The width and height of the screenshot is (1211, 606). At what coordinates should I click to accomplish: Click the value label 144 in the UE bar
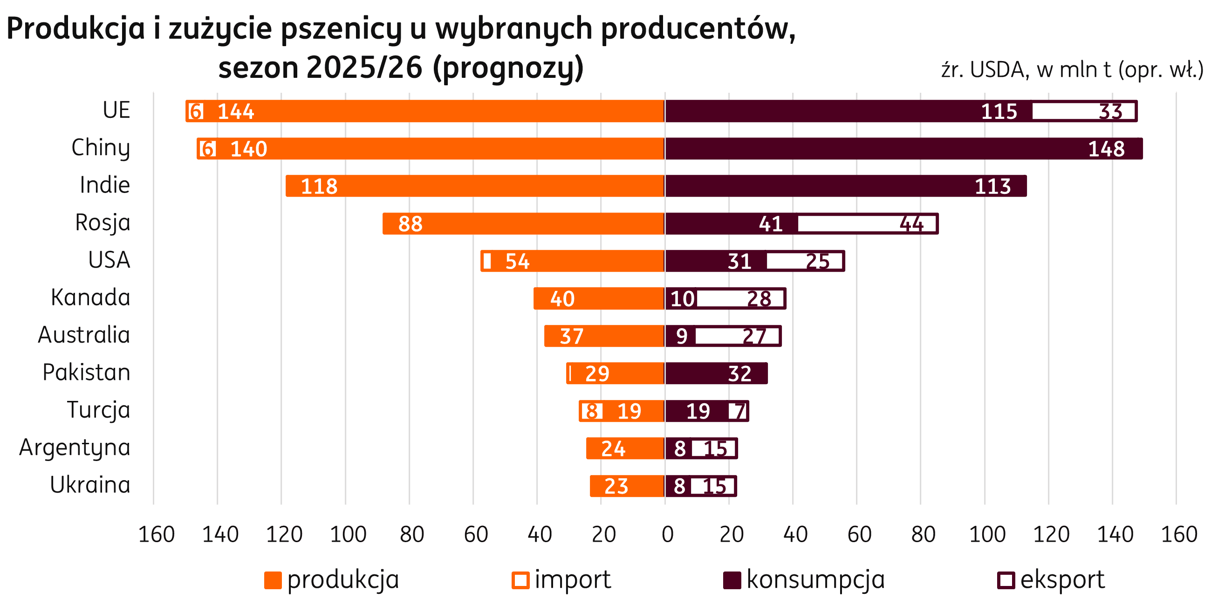pos(236,111)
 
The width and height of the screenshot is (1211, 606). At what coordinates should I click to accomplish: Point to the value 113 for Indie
pos(992,186)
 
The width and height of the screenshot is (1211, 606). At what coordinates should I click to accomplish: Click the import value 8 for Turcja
pos(592,411)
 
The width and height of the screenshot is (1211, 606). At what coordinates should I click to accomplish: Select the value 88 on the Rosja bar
pos(410,224)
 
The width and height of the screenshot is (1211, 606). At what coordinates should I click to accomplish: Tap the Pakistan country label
pos(87,372)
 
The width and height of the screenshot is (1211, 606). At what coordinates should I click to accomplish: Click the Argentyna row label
pos(75,448)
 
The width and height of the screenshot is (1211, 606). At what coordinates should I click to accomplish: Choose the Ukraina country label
pos(90,485)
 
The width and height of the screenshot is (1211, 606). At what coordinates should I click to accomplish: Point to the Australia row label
pos(84,335)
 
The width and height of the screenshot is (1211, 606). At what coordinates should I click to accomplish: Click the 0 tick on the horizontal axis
pos(667,534)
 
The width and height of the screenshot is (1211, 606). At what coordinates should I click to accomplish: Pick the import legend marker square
pos(520,580)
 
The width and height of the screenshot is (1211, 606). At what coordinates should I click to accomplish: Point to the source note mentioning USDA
pos(1072,70)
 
